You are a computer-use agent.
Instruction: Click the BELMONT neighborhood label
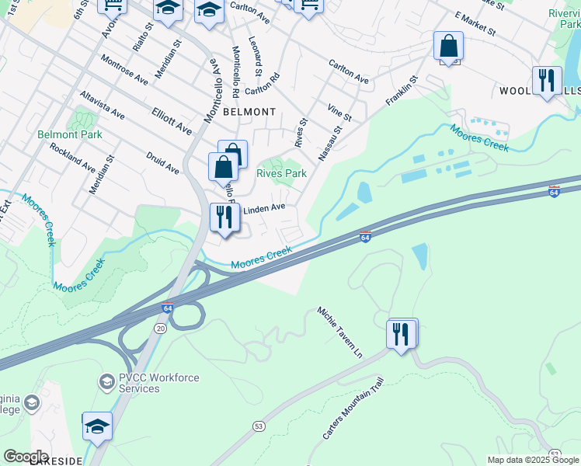(249, 112)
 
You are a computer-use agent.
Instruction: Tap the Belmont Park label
(70, 134)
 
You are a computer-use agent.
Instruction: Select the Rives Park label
(282, 174)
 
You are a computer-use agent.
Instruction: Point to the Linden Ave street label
(265, 208)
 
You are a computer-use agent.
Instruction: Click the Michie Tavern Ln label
(339, 332)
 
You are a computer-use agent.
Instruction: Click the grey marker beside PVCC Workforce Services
(106, 382)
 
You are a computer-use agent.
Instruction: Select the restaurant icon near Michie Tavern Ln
(401, 334)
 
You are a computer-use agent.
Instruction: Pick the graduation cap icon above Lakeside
(97, 426)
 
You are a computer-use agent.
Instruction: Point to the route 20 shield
(160, 329)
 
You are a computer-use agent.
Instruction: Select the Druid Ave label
(162, 164)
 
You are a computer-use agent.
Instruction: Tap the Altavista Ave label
(102, 104)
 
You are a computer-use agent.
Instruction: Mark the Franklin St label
(402, 89)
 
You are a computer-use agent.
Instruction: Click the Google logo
(26, 457)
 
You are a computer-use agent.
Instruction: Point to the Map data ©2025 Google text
(532, 460)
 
